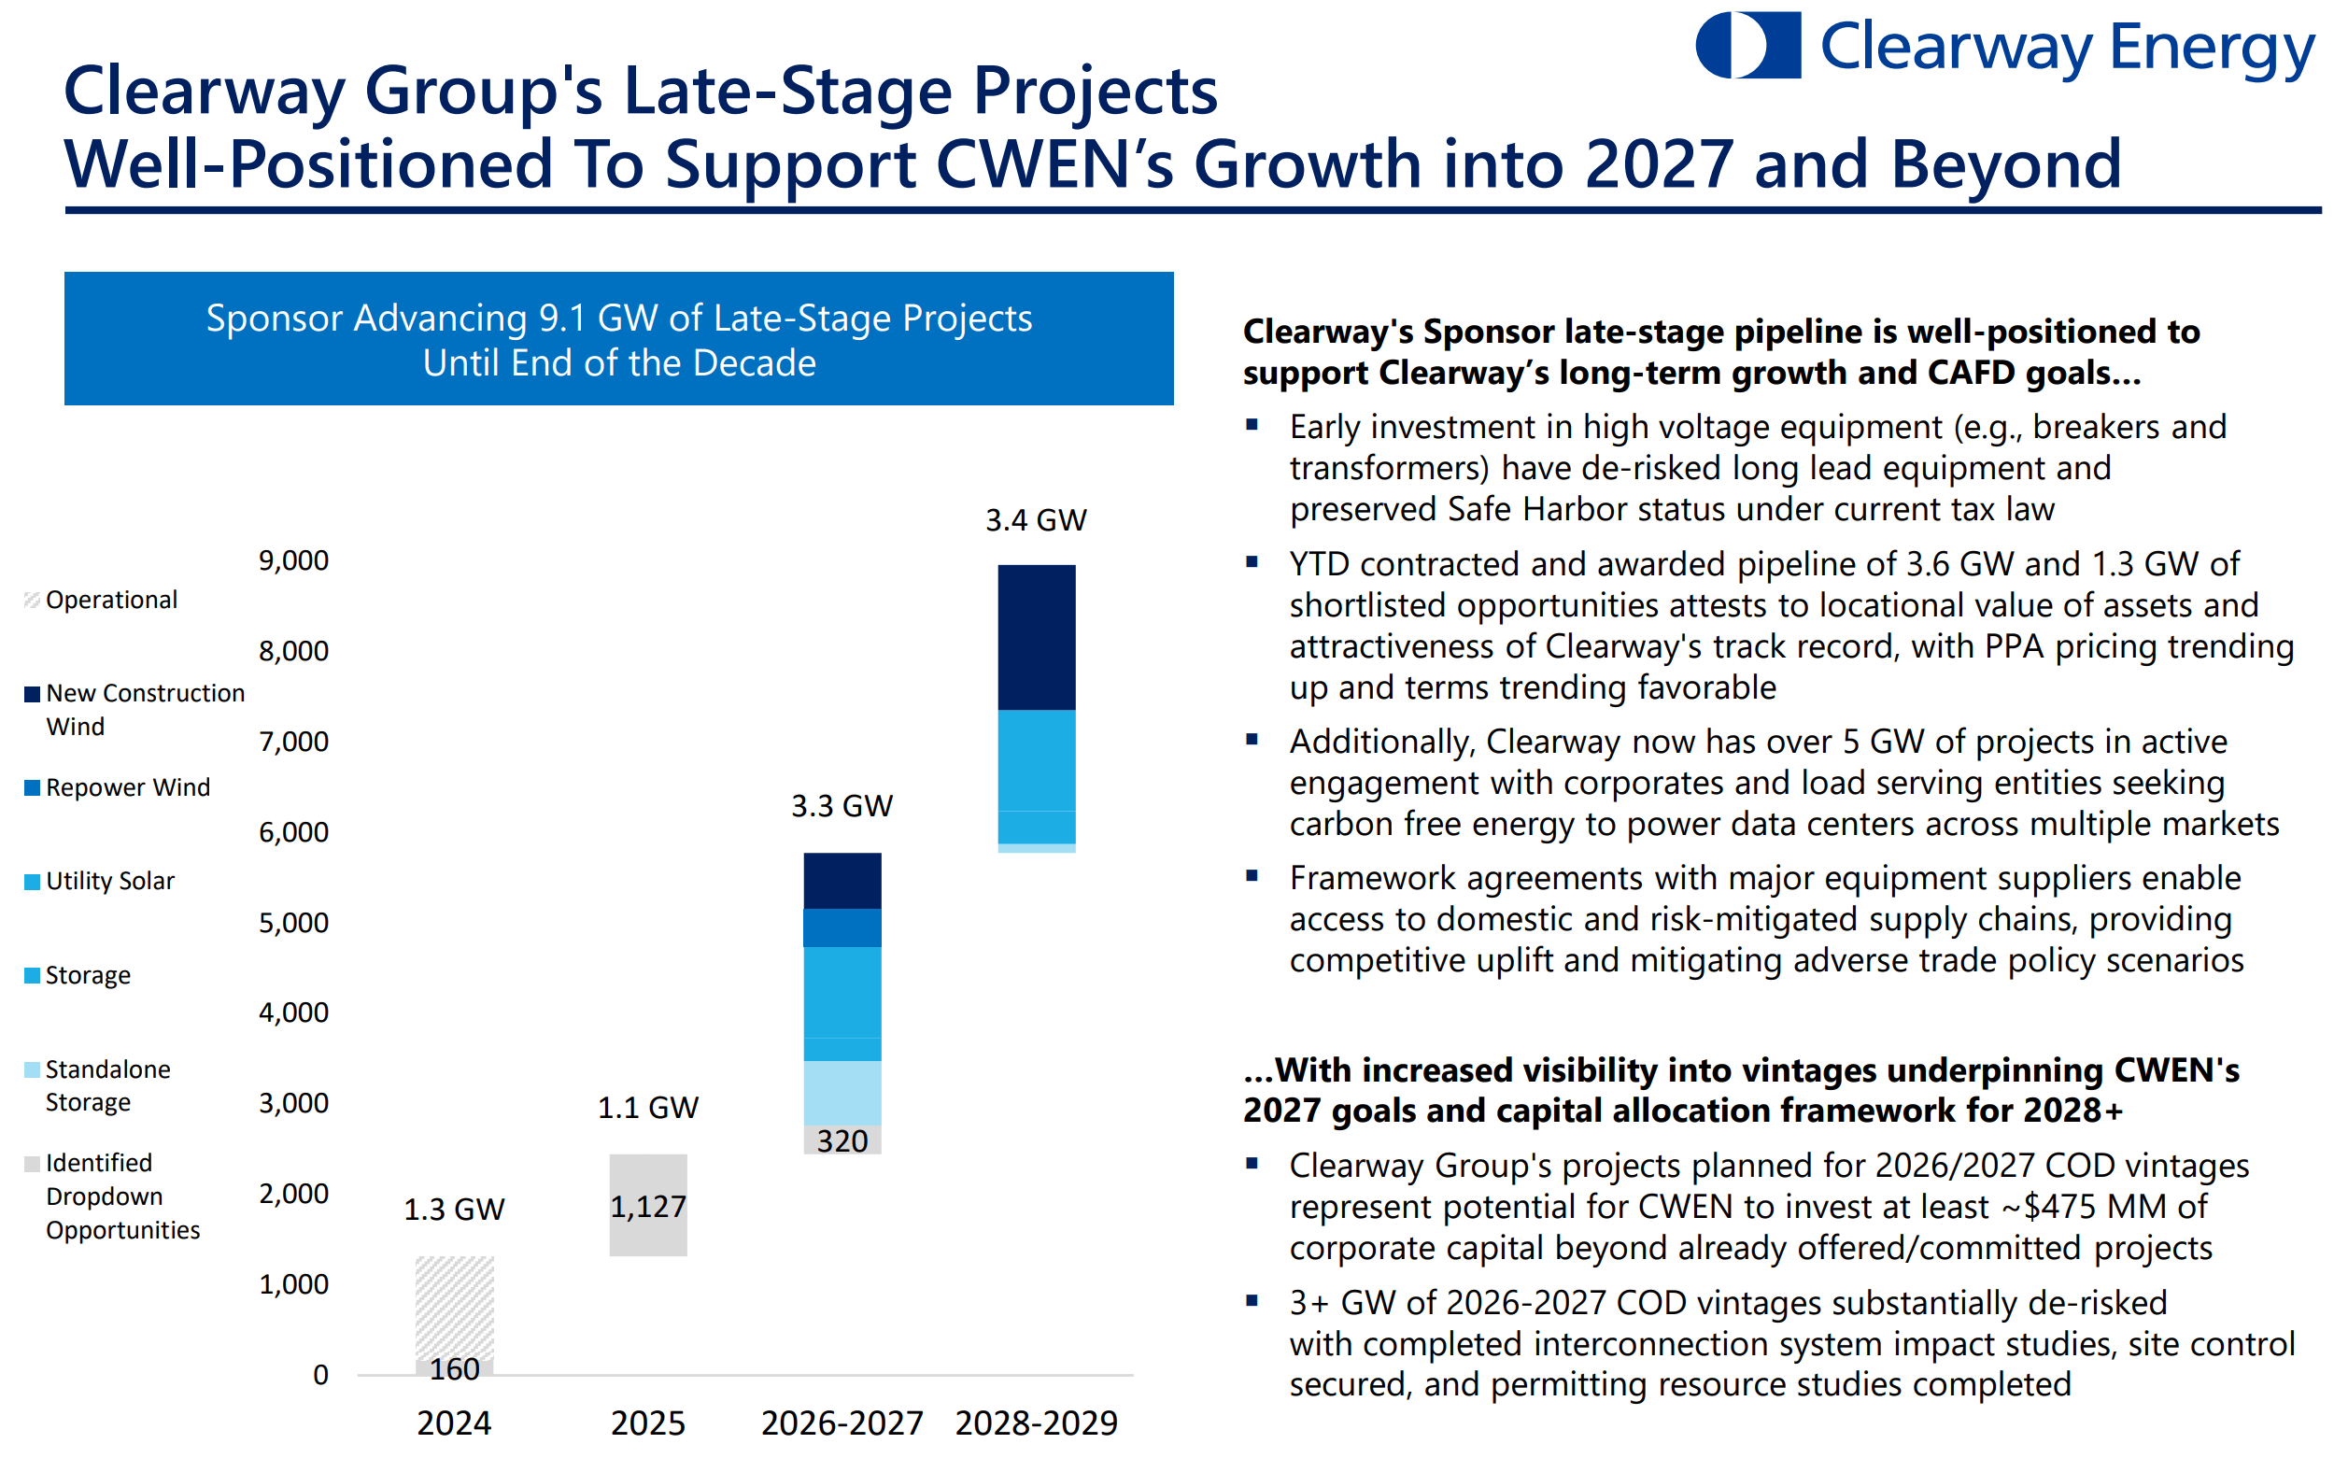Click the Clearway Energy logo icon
(x=1747, y=46)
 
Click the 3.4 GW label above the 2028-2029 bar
(x=1036, y=521)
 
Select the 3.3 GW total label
(x=842, y=806)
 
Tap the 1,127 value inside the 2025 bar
(x=648, y=1207)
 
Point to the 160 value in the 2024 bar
(x=454, y=1368)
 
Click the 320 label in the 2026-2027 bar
(x=842, y=1140)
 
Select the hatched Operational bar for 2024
(x=454, y=1307)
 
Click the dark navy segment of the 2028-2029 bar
(x=1036, y=637)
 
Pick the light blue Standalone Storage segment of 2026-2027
(x=842, y=1093)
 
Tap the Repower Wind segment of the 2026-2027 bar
(x=842, y=927)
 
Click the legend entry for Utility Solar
(x=110, y=882)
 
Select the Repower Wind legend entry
(x=127, y=787)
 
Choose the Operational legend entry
(x=111, y=600)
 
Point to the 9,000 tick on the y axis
(x=293, y=560)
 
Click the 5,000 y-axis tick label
(x=293, y=923)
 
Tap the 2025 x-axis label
(x=648, y=1423)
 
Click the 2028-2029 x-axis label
(x=1036, y=1423)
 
